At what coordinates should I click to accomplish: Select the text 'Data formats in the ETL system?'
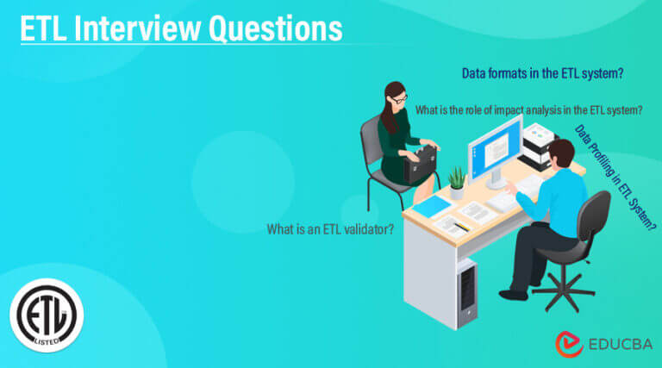pos(542,74)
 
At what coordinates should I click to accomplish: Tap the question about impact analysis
pos(528,110)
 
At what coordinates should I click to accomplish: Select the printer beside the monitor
pos(539,142)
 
